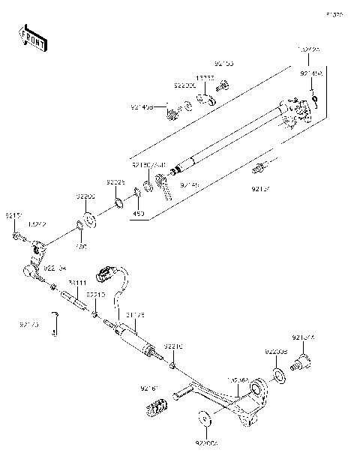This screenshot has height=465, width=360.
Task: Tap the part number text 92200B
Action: (x=275, y=351)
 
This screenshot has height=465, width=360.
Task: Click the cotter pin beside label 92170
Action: (x=55, y=323)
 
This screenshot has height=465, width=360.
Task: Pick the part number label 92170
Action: (x=28, y=325)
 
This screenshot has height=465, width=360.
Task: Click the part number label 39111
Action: (x=78, y=283)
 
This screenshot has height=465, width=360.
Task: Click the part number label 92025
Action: (x=115, y=182)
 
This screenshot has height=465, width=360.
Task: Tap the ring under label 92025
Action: (x=119, y=204)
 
